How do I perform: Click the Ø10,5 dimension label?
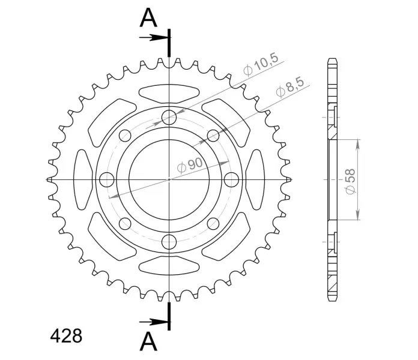click(x=261, y=65)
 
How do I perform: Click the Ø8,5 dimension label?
click(x=290, y=87)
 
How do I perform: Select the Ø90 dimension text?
click(x=190, y=166)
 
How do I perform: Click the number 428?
click(x=66, y=336)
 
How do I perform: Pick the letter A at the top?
click(x=148, y=18)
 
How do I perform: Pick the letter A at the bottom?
click(x=148, y=342)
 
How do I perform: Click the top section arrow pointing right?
click(x=153, y=38)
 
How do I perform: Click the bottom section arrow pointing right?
click(x=153, y=322)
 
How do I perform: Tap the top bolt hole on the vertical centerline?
click(x=169, y=117)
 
